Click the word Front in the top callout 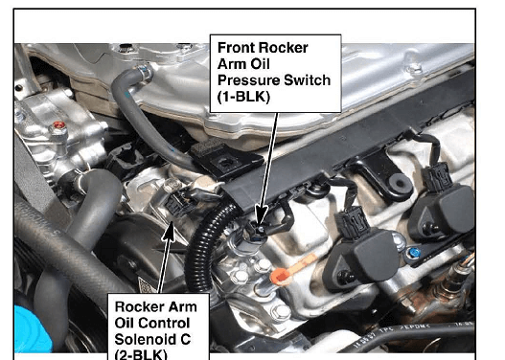click(x=236, y=48)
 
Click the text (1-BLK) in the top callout click(x=243, y=97)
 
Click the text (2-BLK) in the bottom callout click(x=141, y=354)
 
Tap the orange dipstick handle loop click(x=279, y=277)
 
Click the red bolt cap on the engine click(x=58, y=124)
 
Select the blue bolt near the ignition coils click(x=415, y=252)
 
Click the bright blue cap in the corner click(x=33, y=328)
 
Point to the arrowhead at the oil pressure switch click(x=262, y=215)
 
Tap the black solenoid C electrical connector click(x=178, y=203)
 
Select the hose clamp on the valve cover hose click(x=144, y=73)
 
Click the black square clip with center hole click(x=226, y=160)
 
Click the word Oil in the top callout click(x=261, y=64)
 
